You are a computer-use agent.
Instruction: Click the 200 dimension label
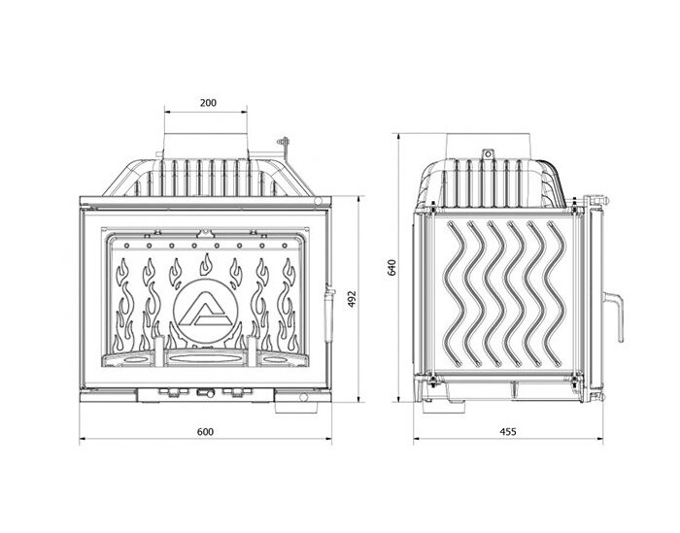point(208,103)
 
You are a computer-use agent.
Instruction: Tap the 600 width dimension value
point(205,432)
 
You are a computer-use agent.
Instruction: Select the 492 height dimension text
point(352,299)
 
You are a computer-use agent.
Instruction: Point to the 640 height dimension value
point(391,268)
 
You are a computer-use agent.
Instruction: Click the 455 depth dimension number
point(508,432)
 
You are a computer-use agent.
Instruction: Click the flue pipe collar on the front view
point(206,146)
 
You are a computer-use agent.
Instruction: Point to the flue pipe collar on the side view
point(489,146)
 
